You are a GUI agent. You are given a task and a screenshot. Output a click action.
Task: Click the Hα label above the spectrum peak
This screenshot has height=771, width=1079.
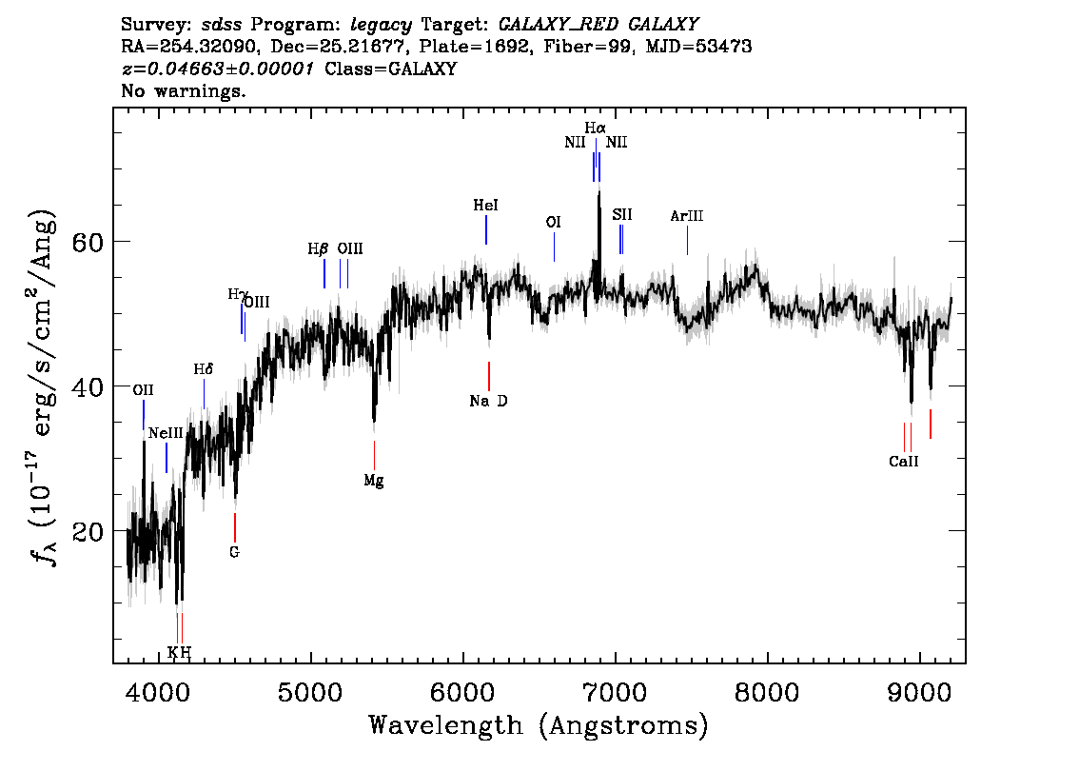pyautogui.click(x=596, y=128)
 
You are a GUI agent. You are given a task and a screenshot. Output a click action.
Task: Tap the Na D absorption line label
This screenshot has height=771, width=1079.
pyautogui.click(x=488, y=401)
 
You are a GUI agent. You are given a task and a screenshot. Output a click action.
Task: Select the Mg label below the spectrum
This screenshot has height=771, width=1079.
pyautogui.click(x=374, y=481)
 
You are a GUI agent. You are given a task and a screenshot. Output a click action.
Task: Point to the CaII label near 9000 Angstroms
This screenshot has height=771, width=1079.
pyautogui.click(x=904, y=462)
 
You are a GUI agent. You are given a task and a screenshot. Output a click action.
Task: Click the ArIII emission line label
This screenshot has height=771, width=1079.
pyautogui.click(x=687, y=216)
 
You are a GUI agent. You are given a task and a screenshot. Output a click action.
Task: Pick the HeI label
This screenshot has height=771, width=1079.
pyautogui.click(x=486, y=206)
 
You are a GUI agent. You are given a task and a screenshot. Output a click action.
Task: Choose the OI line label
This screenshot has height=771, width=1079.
pyautogui.click(x=553, y=222)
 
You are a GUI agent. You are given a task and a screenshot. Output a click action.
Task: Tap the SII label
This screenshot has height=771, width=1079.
pyautogui.click(x=622, y=215)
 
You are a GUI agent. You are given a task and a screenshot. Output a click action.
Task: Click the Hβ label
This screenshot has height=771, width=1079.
pyautogui.click(x=318, y=249)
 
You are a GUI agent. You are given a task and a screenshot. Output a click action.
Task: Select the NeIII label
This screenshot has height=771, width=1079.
pyautogui.click(x=166, y=433)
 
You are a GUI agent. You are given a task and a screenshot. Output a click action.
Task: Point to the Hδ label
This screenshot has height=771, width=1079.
pyautogui.click(x=203, y=369)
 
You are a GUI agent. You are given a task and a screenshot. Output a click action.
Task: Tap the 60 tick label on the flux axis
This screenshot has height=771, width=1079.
pyautogui.click(x=87, y=243)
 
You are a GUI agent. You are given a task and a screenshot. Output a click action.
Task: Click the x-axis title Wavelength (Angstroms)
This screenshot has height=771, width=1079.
pyautogui.click(x=539, y=725)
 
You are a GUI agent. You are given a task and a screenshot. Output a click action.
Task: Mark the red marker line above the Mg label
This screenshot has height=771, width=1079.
pyautogui.click(x=374, y=455)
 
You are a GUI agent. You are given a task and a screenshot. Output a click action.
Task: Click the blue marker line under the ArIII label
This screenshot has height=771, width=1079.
pyautogui.click(x=687, y=240)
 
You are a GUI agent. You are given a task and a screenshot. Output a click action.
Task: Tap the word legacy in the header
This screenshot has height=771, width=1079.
pyautogui.click(x=382, y=25)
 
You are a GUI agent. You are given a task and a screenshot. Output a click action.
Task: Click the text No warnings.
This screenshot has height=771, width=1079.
pyautogui.click(x=183, y=90)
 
